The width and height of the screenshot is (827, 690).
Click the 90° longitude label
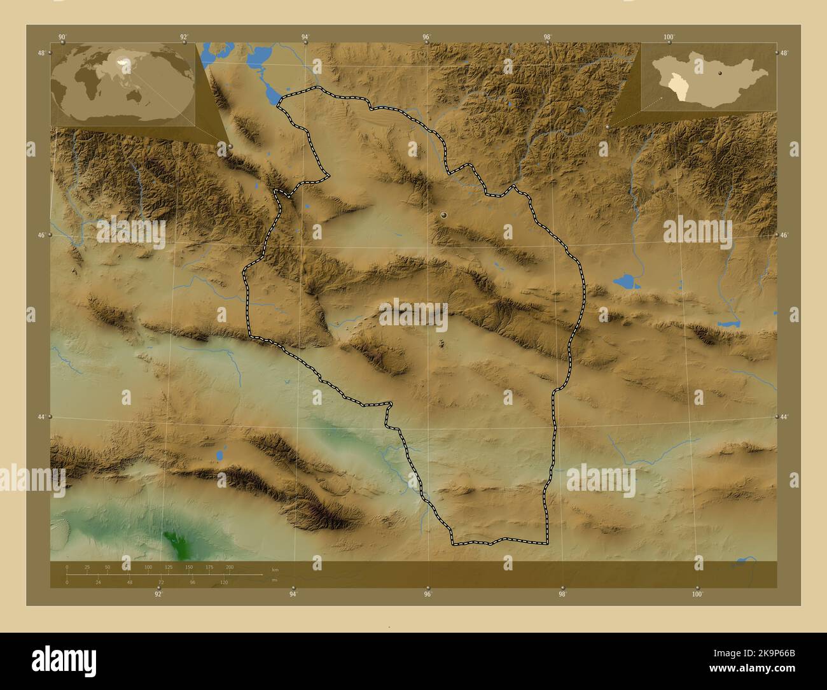62,37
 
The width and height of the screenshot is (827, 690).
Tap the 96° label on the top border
427,37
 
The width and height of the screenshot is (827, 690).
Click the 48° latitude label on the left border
41,53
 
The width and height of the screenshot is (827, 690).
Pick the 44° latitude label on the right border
784,416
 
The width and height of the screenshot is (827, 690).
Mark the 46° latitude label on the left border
41,235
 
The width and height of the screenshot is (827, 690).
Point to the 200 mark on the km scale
230,567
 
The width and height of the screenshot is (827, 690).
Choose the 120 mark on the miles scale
223,582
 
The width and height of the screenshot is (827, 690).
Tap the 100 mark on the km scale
148,567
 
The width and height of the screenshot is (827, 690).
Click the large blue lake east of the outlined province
624,281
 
